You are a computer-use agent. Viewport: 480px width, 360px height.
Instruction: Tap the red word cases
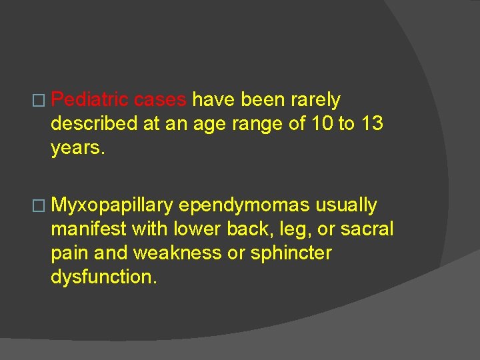[x=160, y=100]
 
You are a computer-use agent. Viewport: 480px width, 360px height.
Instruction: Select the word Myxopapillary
[x=112, y=205]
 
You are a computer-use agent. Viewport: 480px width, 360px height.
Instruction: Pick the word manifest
[x=89, y=229]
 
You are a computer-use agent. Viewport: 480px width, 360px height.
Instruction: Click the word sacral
[x=367, y=229]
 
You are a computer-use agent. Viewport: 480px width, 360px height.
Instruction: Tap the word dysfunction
[x=104, y=277]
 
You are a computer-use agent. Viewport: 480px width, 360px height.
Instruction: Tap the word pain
[x=67, y=253]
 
